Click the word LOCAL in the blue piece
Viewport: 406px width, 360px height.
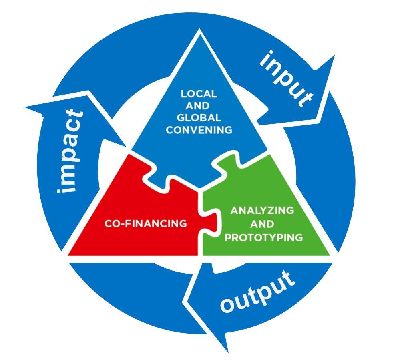click(199, 94)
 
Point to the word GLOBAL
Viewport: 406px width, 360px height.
click(199, 118)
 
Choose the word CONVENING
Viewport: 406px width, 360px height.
click(199, 130)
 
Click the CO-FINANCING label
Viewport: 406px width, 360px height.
click(146, 223)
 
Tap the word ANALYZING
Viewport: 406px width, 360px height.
click(262, 210)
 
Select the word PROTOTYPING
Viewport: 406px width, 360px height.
click(263, 237)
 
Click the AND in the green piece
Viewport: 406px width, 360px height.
click(263, 224)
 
